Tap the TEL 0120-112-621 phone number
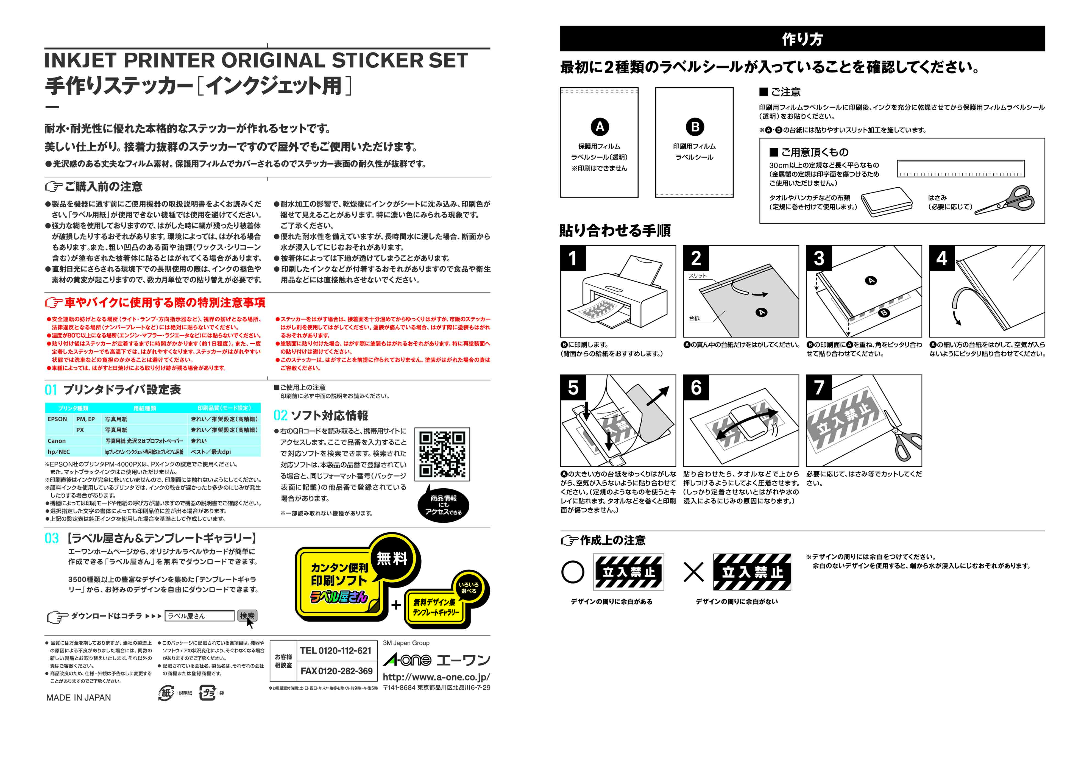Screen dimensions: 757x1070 (x=336, y=651)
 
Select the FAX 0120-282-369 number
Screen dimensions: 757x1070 (x=336, y=671)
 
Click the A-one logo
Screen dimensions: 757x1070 (x=407, y=660)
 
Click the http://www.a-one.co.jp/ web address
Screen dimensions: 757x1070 (x=436, y=677)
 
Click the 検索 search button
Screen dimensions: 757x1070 (x=247, y=616)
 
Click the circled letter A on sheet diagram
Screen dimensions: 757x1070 (x=600, y=127)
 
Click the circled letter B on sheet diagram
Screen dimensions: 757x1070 (x=695, y=127)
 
